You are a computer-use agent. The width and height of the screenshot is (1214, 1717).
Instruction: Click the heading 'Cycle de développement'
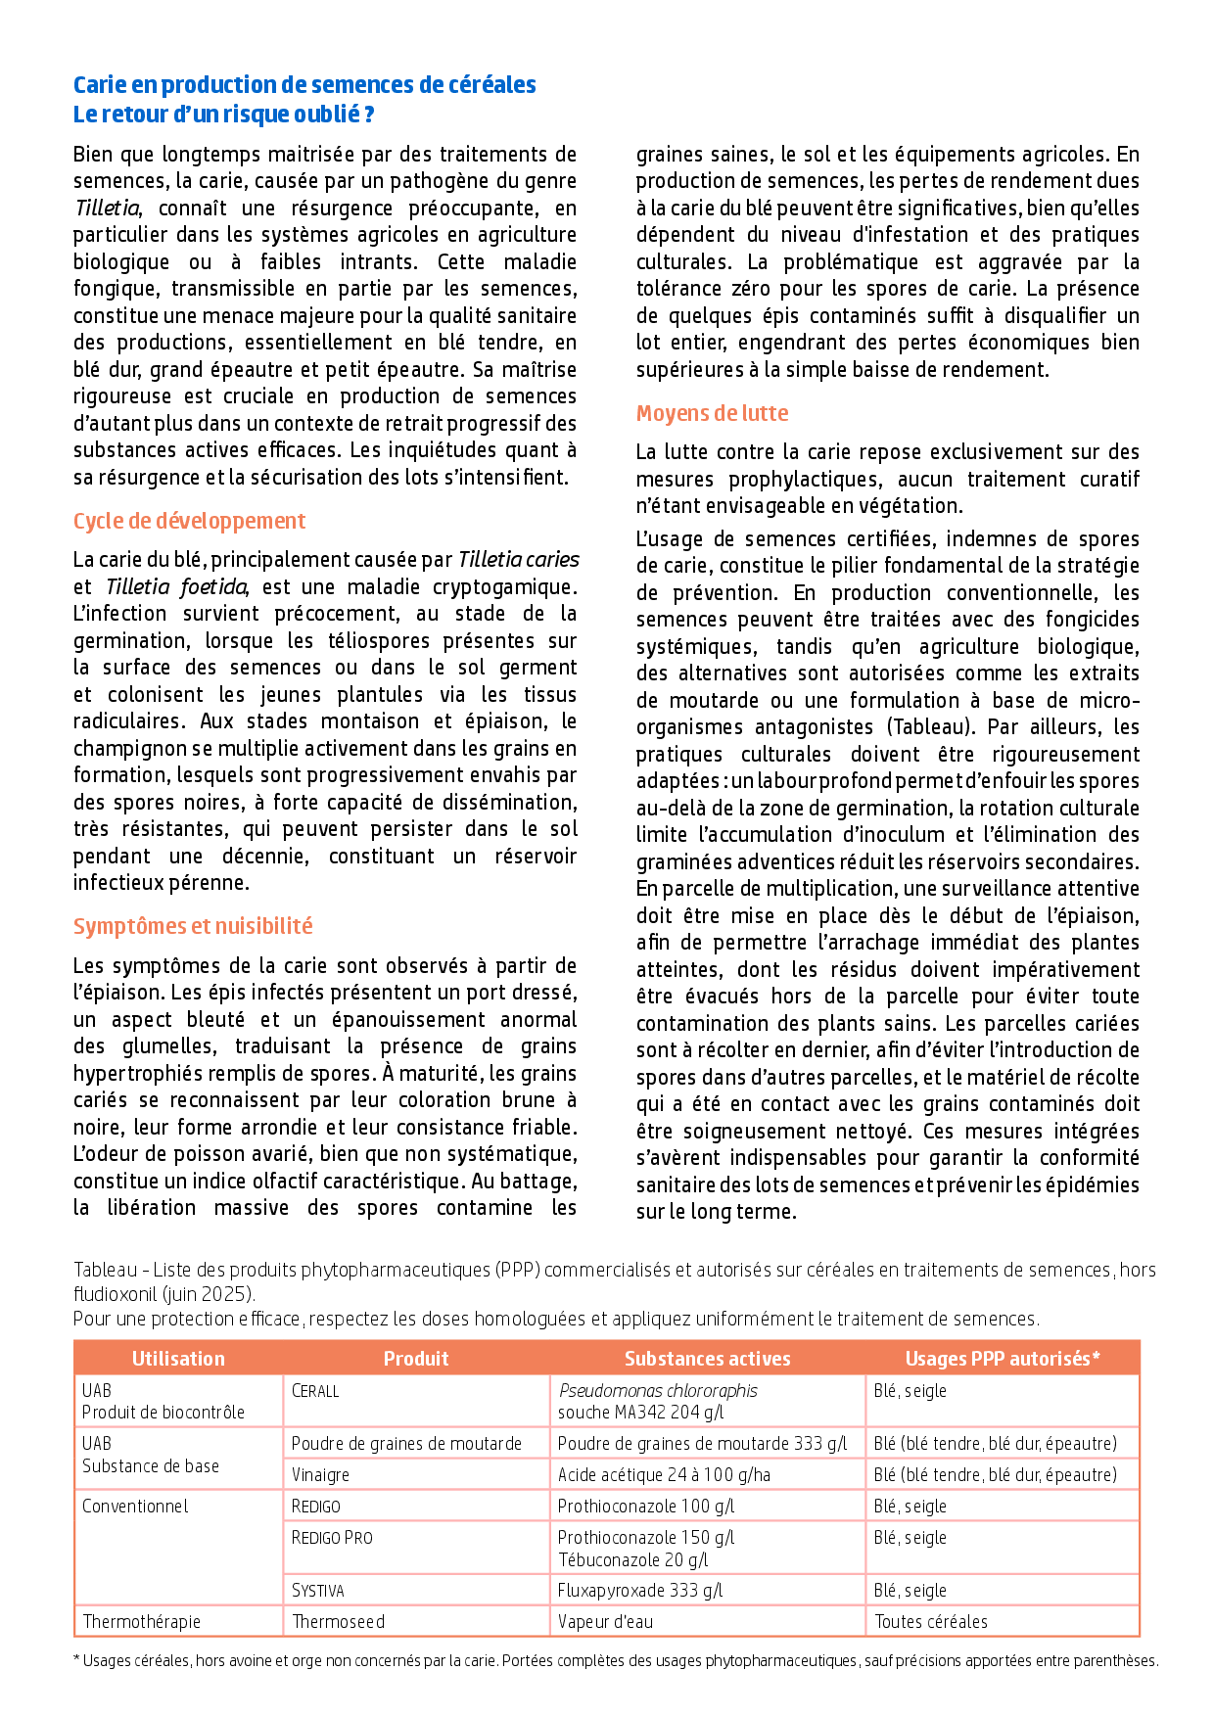pyautogui.click(x=189, y=521)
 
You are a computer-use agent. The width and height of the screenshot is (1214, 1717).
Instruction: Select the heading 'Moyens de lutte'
pyautogui.click(x=712, y=413)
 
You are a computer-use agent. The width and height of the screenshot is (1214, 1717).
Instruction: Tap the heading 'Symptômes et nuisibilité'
pyautogui.click(x=193, y=926)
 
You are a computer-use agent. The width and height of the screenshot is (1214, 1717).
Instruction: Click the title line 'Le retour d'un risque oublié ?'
pyautogui.click(x=223, y=115)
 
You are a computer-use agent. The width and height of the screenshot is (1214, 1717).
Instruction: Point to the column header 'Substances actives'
pyautogui.click(x=707, y=1359)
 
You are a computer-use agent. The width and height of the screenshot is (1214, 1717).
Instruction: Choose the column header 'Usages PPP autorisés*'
pyautogui.click(x=1002, y=1359)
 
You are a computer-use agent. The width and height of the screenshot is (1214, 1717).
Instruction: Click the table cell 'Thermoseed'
pyautogui.click(x=338, y=1622)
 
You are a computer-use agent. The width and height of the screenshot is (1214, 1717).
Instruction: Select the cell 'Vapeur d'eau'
pyautogui.click(x=605, y=1622)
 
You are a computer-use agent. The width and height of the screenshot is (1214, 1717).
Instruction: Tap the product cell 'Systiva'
pyautogui.click(x=317, y=1591)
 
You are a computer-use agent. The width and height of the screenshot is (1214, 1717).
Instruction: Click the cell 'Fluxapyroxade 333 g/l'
pyautogui.click(x=639, y=1591)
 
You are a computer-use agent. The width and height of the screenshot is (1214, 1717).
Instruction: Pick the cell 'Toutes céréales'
pyautogui.click(x=930, y=1622)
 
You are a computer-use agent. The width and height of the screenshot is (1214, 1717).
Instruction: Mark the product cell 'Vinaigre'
pyautogui.click(x=320, y=1475)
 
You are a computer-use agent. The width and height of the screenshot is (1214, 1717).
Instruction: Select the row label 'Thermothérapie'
pyautogui.click(x=141, y=1622)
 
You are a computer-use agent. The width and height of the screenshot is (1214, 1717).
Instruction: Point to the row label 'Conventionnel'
pyautogui.click(x=135, y=1507)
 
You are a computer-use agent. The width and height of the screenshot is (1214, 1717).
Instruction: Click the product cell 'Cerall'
pyautogui.click(x=315, y=1391)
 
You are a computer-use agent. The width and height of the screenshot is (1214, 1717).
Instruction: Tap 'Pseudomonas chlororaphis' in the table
pyautogui.click(x=657, y=1391)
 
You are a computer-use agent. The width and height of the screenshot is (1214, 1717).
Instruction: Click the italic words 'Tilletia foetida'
pyautogui.click(x=176, y=587)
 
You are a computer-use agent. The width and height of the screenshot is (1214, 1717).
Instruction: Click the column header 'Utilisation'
pyautogui.click(x=178, y=1359)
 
